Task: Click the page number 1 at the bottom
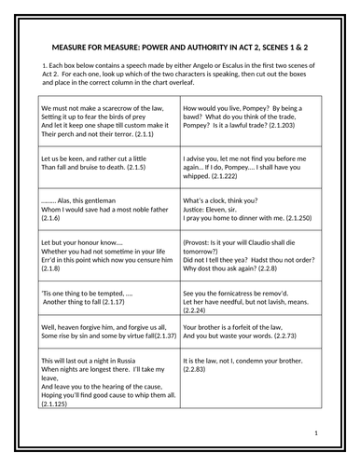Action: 316,434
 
